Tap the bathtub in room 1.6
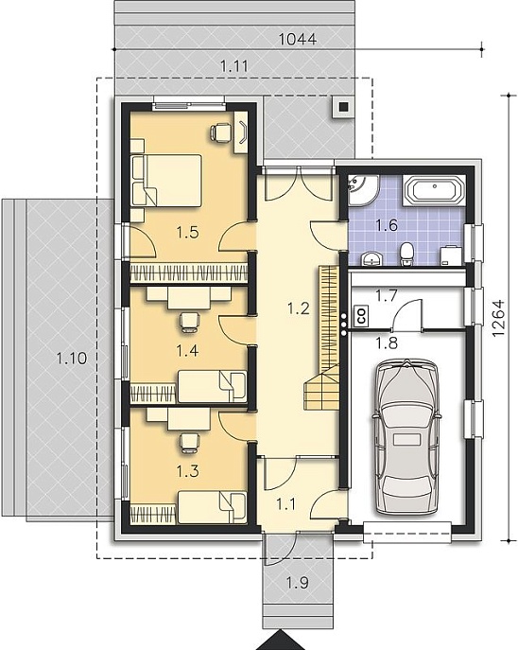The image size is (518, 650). coord(434,190)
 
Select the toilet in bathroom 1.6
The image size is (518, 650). coord(407,254)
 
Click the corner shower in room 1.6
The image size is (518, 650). coord(363,189)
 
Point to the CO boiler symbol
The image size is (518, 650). coord(361,316)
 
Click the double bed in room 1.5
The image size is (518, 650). coord(166,181)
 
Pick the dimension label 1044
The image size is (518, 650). coord(298,40)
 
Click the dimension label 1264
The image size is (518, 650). coord(499,318)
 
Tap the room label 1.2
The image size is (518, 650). coord(298,308)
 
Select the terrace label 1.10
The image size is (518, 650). coord(72,358)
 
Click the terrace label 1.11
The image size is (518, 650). coord(233,66)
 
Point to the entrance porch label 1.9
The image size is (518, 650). coord(298,583)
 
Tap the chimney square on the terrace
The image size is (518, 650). coord(343,107)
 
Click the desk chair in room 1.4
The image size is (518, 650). coord(190,322)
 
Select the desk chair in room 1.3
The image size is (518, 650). coord(190,442)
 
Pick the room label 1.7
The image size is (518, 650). coord(386,296)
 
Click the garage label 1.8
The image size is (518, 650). coord(386,343)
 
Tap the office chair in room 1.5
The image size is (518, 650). coord(220,133)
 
